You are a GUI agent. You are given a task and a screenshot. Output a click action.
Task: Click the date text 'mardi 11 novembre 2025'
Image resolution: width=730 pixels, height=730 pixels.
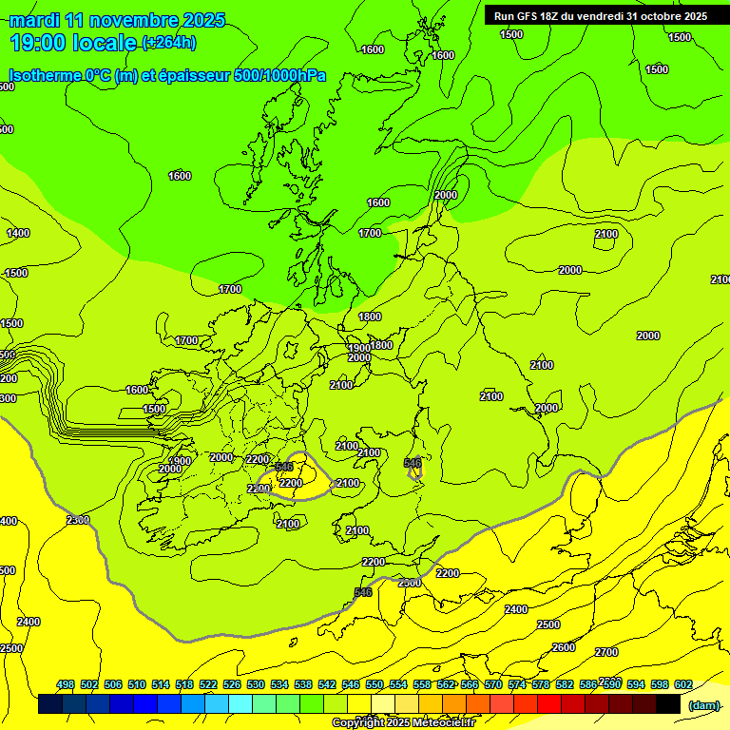tap(117, 20)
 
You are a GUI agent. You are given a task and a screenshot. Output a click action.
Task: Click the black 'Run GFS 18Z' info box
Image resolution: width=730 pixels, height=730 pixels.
tap(600, 15)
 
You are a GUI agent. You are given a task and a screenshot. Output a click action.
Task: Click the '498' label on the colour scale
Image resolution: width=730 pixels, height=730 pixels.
tap(66, 684)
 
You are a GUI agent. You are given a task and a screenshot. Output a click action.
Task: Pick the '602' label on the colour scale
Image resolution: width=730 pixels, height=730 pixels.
tap(683, 684)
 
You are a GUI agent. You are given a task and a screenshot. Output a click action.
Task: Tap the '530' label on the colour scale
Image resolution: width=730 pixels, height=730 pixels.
tap(256, 684)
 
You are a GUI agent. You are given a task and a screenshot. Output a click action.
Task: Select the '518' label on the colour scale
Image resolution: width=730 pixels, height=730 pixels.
tap(184, 684)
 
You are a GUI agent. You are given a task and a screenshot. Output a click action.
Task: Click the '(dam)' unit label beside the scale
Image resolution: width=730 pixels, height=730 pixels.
tap(703, 705)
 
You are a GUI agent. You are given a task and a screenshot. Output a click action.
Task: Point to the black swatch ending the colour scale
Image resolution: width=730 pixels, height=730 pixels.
tap(668, 704)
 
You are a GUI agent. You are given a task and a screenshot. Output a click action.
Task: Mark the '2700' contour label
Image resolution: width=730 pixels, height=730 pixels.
tap(606, 652)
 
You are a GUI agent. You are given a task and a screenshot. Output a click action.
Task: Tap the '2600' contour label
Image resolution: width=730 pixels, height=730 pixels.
tap(564, 647)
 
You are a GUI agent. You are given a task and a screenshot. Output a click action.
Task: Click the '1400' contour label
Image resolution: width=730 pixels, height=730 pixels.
tap(18, 233)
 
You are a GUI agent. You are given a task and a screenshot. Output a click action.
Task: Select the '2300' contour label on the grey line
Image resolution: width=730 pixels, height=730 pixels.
tap(78, 520)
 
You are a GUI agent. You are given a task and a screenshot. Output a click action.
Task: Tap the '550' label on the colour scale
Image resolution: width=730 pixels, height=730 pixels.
tap(375, 684)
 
